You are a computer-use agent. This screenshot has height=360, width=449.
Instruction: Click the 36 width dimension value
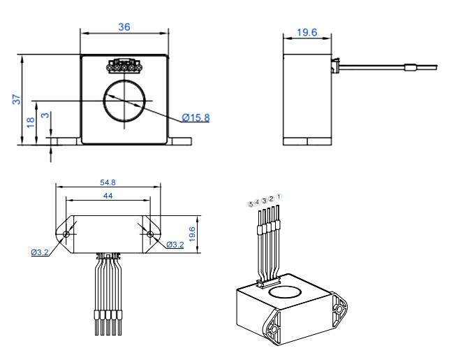[124, 27]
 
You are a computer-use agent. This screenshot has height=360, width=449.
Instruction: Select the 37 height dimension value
[16, 100]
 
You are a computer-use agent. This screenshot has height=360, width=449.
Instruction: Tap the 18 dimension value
[30, 121]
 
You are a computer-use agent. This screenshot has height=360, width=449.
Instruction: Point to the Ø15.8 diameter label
[196, 117]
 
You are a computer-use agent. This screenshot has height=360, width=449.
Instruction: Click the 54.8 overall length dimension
[108, 182]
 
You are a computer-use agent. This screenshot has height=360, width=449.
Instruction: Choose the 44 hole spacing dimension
[108, 196]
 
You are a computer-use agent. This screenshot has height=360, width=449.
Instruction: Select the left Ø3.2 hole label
[40, 252]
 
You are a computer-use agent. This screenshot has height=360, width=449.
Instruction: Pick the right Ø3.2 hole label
[175, 244]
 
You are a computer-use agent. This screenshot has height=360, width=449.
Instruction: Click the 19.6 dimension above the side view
[307, 32]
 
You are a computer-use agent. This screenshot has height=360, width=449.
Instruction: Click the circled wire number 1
[279, 197]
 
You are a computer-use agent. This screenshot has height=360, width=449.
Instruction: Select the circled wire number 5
[251, 204]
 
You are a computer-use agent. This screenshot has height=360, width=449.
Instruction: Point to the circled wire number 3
[264, 201]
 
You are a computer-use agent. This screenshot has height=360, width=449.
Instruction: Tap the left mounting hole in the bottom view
[67, 233]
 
